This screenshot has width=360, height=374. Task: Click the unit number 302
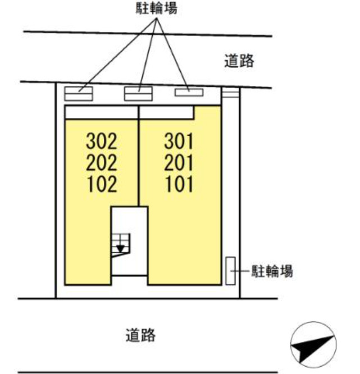(x=102, y=140)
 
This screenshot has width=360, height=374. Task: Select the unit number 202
(x=102, y=162)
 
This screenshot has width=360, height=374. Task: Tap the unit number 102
(x=102, y=184)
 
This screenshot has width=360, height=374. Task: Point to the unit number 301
(x=179, y=140)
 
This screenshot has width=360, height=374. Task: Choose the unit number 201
(x=179, y=162)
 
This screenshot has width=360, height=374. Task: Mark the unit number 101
(x=179, y=184)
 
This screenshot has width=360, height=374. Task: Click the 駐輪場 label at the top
(x=157, y=10)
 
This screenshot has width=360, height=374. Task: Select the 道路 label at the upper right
(x=239, y=61)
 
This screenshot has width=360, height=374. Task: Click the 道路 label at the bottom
(x=140, y=336)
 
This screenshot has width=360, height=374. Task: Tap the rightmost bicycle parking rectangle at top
(x=189, y=92)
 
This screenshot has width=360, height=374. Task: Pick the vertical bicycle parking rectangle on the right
(x=230, y=271)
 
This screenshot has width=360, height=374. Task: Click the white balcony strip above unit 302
(x=101, y=112)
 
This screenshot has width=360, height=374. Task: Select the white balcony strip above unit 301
(x=167, y=112)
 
